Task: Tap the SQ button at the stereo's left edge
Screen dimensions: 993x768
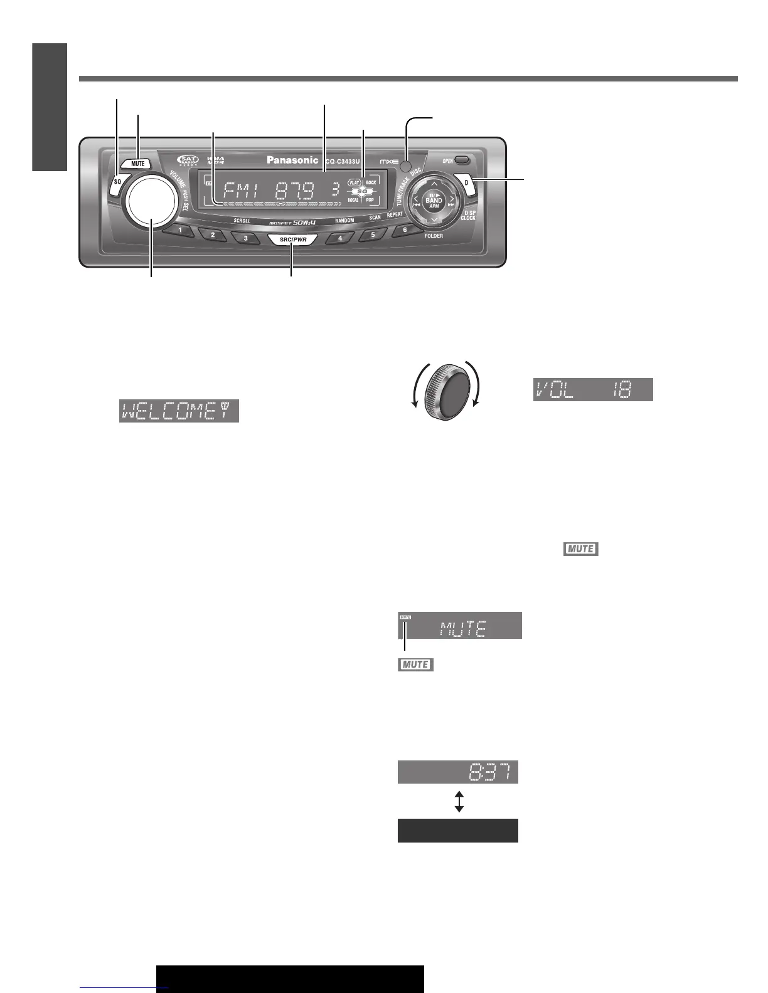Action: pyautogui.click(x=117, y=182)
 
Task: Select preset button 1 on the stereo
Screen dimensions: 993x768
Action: pyautogui.click(x=180, y=231)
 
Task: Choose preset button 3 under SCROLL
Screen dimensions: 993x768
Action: pyautogui.click(x=245, y=238)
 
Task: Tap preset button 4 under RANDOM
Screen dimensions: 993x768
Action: pyautogui.click(x=341, y=238)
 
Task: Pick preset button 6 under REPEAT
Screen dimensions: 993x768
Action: pyautogui.click(x=405, y=230)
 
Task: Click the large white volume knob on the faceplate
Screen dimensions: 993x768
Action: pyautogui.click(x=151, y=201)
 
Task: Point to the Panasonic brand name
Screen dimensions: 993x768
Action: pyautogui.click(x=292, y=160)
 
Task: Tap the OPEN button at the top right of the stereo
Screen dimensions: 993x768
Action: pyautogui.click(x=462, y=160)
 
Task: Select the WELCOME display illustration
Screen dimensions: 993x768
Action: pyautogui.click(x=179, y=411)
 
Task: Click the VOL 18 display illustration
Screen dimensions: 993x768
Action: pyautogui.click(x=593, y=390)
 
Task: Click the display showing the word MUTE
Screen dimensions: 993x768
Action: pyautogui.click(x=460, y=626)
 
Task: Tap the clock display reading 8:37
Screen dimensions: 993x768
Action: pyautogui.click(x=458, y=772)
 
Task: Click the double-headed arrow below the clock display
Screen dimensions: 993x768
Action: pyautogui.click(x=459, y=801)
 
